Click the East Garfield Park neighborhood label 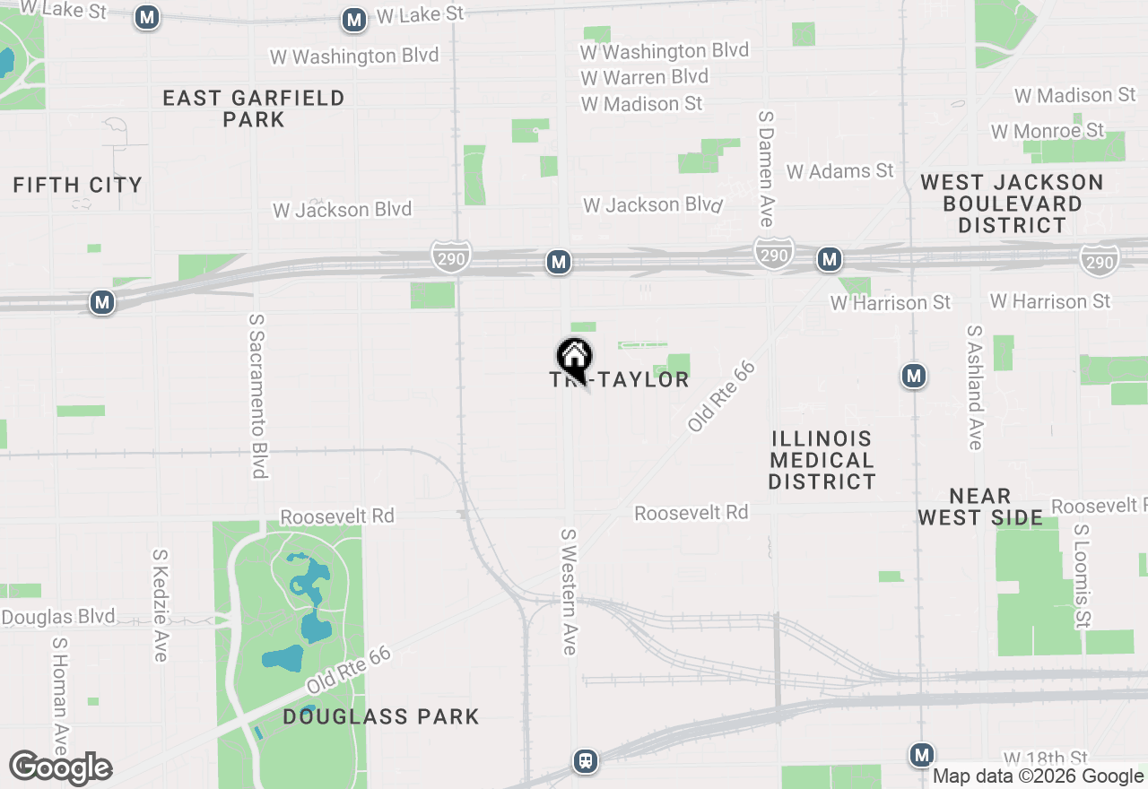[254, 108]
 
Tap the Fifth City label [78, 186]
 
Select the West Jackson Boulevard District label [1013, 204]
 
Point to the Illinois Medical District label [822, 460]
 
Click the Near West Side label [980, 507]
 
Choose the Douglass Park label [381, 716]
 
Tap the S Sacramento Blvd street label [258, 395]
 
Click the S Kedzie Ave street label [161, 605]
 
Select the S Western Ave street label [569, 591]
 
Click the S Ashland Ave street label [975, 386]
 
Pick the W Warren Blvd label [644, 77]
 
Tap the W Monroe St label [1048, 131]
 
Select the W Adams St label [840, 170]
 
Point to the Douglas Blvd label [58, 617]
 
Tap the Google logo [60, 767]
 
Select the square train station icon [586, 761]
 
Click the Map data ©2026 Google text [1038, 776]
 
